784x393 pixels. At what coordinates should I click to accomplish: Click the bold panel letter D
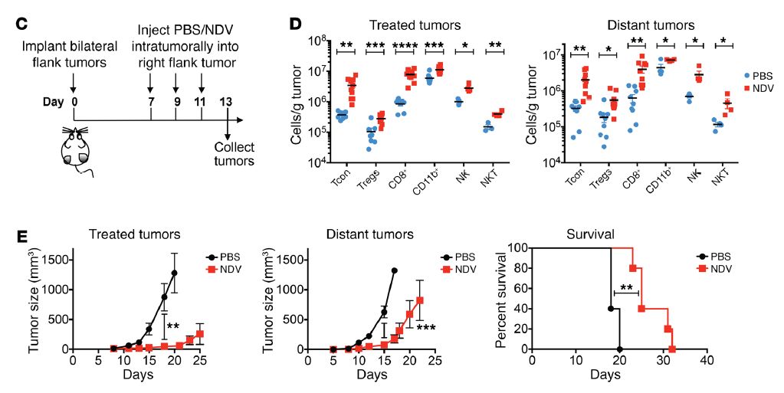click(x=295, y=22)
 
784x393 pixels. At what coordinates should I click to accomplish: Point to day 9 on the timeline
click(x=176, y=102)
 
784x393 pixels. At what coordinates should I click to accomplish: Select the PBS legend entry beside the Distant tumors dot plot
click(x=760, y=76)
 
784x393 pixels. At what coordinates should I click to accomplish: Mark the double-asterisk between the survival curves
click(x=626, y=289)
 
